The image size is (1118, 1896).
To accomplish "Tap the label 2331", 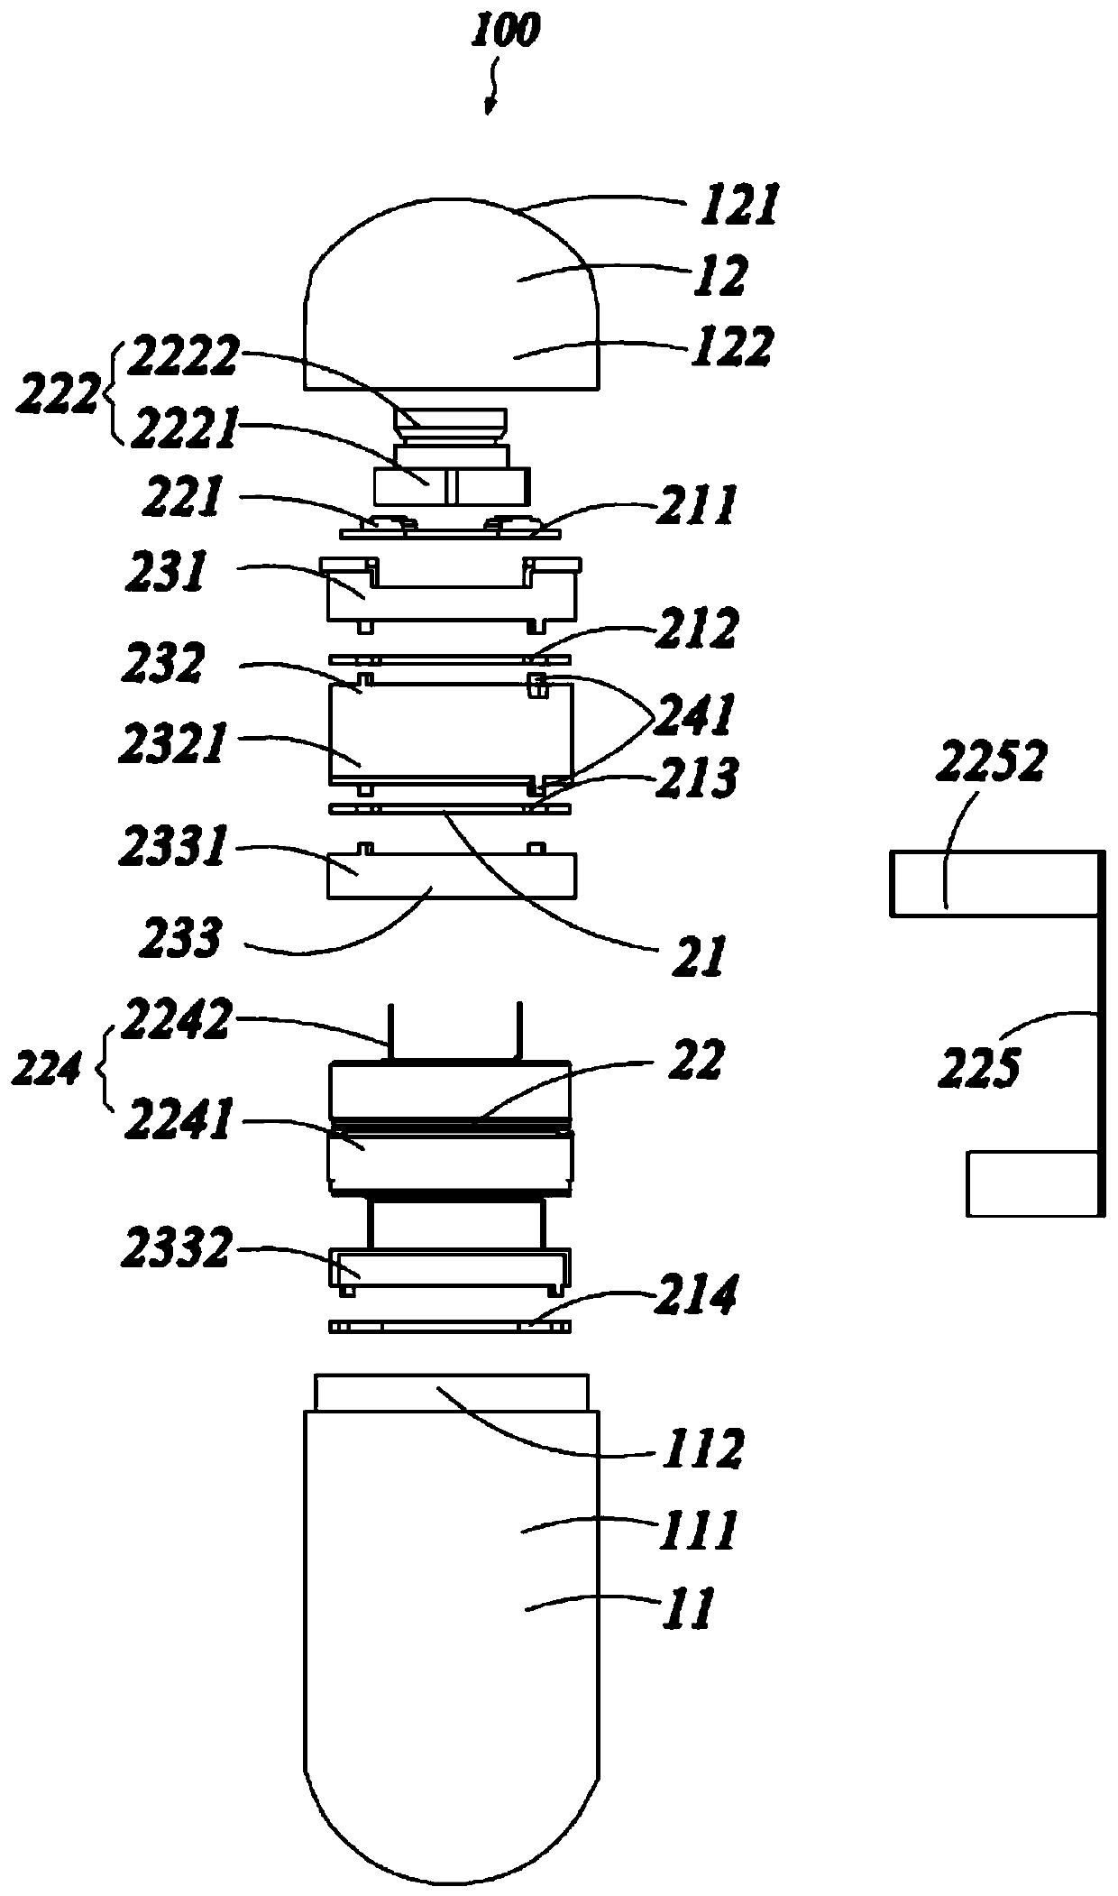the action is click(171, 850).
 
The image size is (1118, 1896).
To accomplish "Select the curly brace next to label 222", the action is click(110, 395).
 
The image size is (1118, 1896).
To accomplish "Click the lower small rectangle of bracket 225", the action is click(1031, 1183).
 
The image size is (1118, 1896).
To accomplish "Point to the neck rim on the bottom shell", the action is click(452, 1393).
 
